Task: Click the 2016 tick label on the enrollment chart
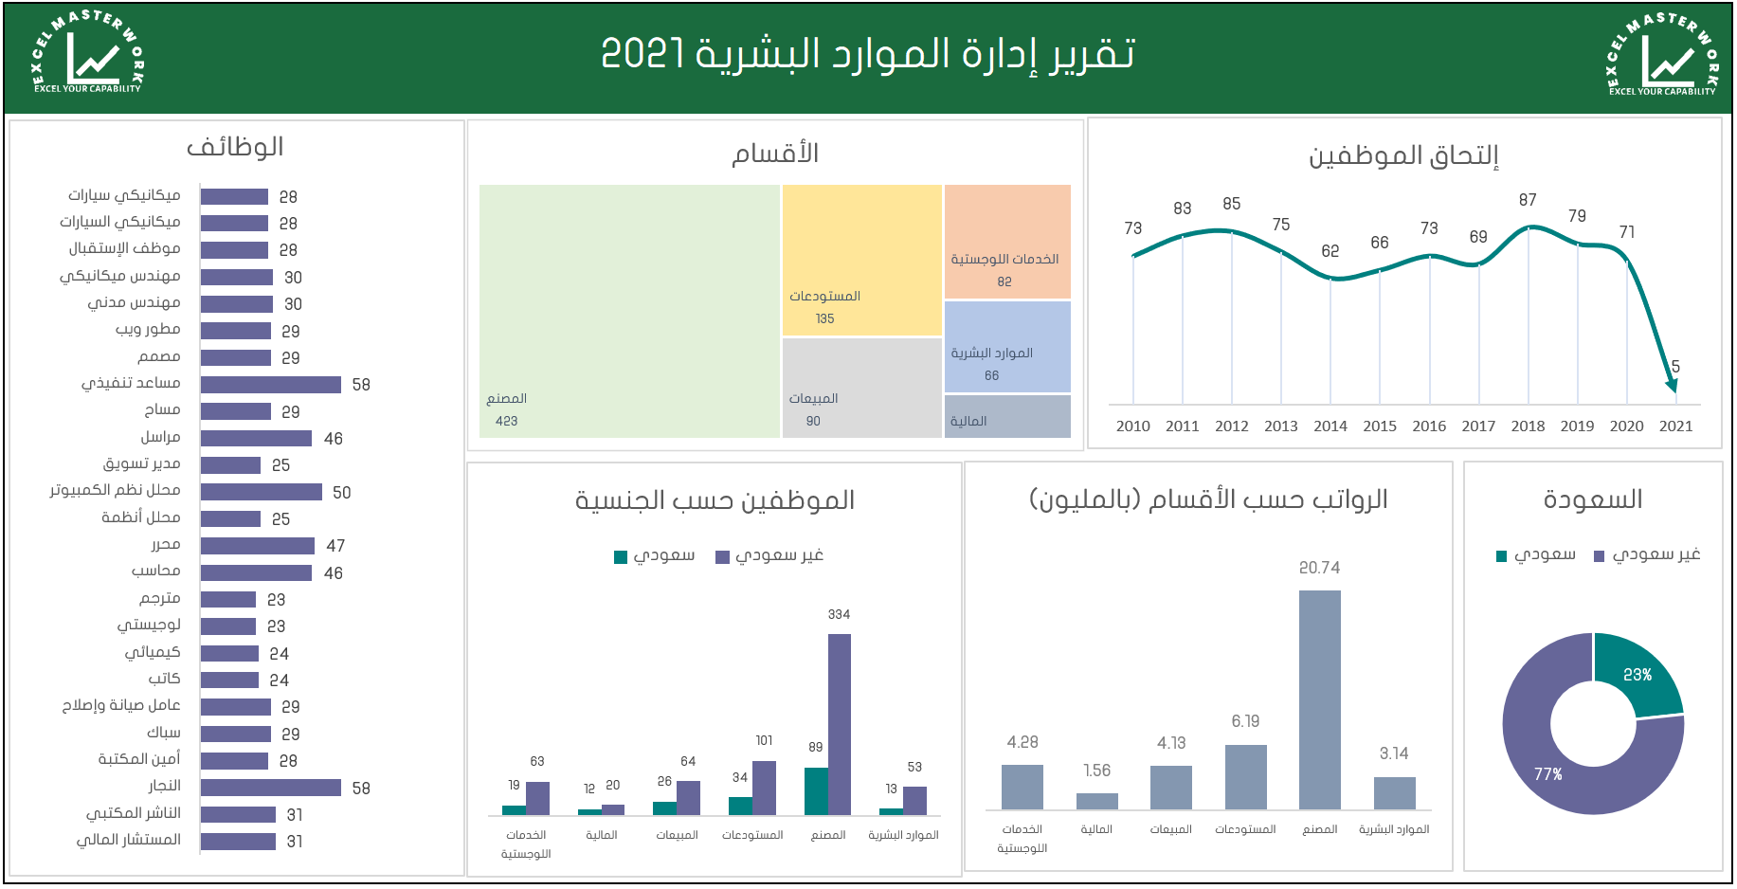point(1429,426)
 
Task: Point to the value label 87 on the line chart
point(1528,200)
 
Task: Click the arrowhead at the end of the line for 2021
point(1673,384)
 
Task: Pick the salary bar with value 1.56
point(1096,801)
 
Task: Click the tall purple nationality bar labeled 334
point(840,724)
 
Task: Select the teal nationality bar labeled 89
point(816,790)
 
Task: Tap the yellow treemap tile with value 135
point(861,260)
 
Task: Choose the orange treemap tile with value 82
point(1007,242)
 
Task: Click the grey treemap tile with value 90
point(861,387)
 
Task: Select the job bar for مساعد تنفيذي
point(271,385)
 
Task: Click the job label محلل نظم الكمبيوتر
point(115,491)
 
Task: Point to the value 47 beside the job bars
point(335,546)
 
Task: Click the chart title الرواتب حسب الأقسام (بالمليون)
point(1208,499)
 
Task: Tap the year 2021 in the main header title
point(642,54)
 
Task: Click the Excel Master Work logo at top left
point(87,54)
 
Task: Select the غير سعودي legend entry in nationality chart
point(769,556)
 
